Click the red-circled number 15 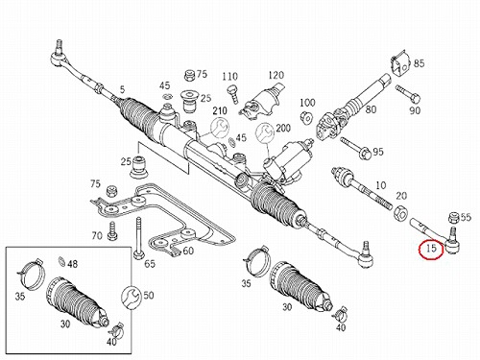click(x=431, y=248)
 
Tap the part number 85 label click(x=419, y=63)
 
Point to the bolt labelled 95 click(x=355, y=146)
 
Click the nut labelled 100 click(x=307, y=117)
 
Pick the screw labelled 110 click(x=233, y=93)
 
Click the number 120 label click(x=276, y=75)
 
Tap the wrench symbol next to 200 click(x=265, y=132)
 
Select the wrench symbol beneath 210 click(x=220, y=127)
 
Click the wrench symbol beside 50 click(x=131, y=298)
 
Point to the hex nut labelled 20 click(x=400, y=212)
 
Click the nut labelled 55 click(x=453, y=218)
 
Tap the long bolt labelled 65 click(x=138, y=238)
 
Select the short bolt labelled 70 click(x=112, y=231)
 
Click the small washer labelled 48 click(x=61, y=262)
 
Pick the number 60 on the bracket click(x=188, y=251)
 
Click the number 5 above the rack click(x=123, y=89)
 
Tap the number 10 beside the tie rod click(x=381, y=185)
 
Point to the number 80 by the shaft click(x=371, y=109)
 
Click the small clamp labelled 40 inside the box click(x=115, y=331)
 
